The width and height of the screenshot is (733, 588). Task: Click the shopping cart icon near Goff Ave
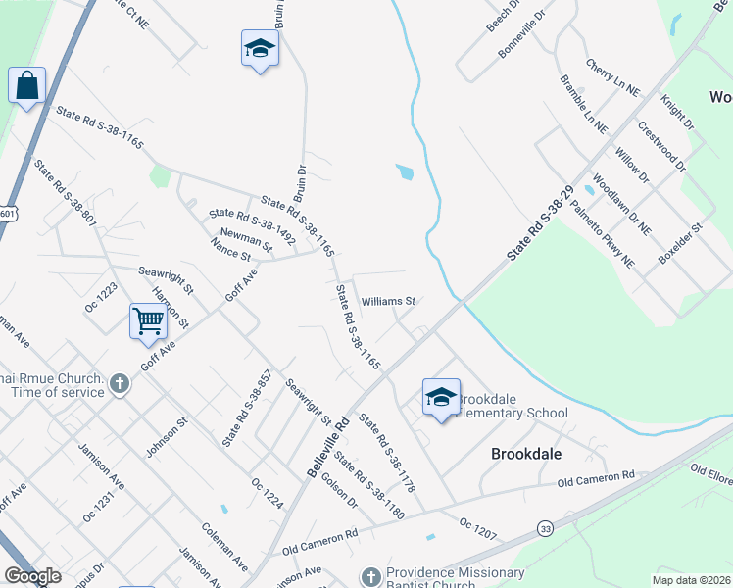pyautogui.click(x=147, y=320)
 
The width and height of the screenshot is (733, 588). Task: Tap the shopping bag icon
pyautogui.click(x=26, y=85)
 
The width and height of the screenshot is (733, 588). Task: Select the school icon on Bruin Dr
pyautogui.click(x=260, y=48)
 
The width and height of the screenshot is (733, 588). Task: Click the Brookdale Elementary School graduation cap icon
pyautogui.click(x=441, y=397)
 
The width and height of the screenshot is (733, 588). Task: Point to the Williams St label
pyautogui.click(x=389, y=301)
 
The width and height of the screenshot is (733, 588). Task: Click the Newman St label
pyautogui.click(x=246, y=238)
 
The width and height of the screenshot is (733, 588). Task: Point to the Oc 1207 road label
pyautogui.click(x=477, y=529)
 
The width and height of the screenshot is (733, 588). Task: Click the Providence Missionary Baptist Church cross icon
pyautogui.click(x=370, y=575)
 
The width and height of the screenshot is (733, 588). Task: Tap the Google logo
pyautogui.click(x=32, y=575)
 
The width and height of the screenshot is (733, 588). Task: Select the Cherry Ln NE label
pyautogui.click(x=612, y=77)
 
